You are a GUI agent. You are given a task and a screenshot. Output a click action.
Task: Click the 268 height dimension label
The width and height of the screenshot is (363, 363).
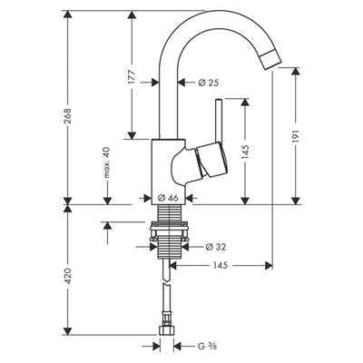[68, 116]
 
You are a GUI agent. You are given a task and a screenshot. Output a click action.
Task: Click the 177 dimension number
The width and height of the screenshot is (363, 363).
[132, 77]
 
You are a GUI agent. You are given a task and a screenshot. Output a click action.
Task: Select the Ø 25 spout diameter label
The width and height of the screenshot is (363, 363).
[209, 82]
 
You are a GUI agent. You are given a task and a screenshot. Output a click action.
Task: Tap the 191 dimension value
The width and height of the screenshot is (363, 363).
[296, 136]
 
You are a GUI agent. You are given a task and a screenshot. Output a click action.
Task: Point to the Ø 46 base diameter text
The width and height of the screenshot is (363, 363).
[168, 198]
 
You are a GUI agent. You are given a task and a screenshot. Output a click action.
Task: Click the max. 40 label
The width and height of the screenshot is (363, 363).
[107, 162]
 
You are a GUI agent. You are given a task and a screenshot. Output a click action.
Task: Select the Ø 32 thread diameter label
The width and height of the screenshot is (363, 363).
[216, 247]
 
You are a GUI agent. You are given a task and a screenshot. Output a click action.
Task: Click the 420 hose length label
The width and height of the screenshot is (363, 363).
[68, 275]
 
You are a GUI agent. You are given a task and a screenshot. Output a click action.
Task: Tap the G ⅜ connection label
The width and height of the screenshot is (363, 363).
[208, 346]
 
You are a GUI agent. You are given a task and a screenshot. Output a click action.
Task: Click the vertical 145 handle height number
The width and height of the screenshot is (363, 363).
[245, 152]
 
